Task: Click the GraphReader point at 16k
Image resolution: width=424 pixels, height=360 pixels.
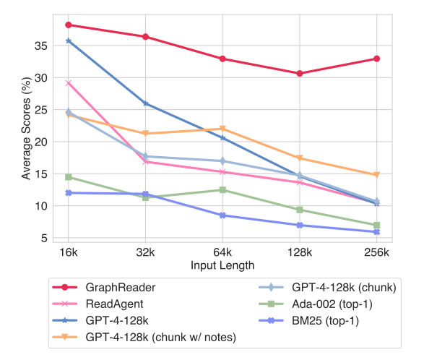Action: pos(69,25)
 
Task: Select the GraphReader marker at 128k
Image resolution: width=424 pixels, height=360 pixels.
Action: pos(300,73)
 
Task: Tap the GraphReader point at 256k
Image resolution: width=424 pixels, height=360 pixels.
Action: pos(377,59)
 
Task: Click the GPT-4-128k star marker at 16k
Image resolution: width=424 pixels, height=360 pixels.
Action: pos(69,40)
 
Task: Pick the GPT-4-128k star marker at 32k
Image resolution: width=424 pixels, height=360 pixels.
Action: pos(146,103)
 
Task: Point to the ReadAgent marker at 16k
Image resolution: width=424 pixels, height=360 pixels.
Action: pos(69,83)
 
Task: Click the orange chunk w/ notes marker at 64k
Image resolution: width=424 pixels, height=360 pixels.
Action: pos(222,129)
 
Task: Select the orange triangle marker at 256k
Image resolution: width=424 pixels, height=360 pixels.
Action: pos(377,175)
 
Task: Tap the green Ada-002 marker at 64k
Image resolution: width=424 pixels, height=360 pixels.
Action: pos(222,190)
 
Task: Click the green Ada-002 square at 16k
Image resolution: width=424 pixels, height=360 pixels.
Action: pos(69,177)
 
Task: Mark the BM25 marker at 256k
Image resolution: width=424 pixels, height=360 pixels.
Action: pos(377,231)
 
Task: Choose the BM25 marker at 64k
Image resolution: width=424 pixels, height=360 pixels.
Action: pos(222,215)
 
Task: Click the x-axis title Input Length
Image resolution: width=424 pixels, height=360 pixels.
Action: pos(222,265)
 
